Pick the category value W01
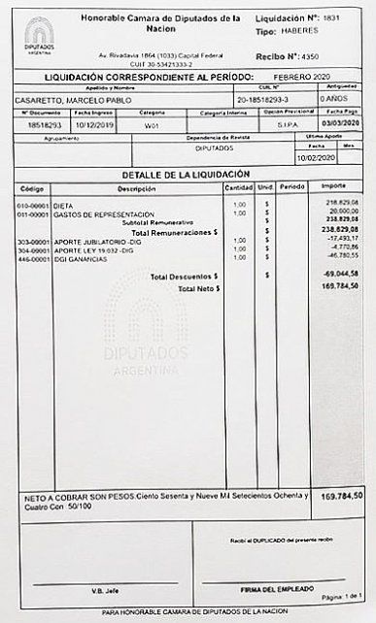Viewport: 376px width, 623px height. (152, 125)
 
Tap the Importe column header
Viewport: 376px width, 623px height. (333, 187)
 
